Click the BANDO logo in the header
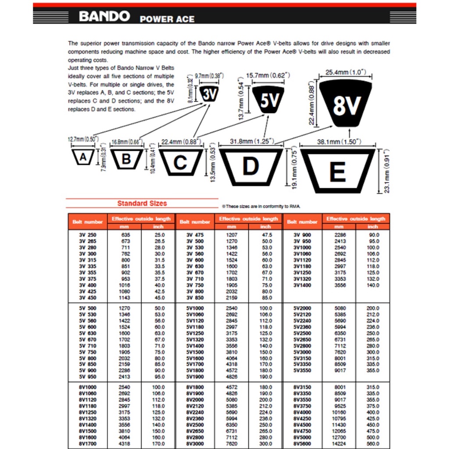point(104,17)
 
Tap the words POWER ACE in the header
point(167,19)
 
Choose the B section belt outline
point(126,159)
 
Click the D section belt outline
point(251,166)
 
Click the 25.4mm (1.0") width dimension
point(346,72)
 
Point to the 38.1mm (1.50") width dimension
point(338,142)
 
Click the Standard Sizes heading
point(142,203)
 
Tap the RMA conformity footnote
point(261,206)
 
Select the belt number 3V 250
point(87,235)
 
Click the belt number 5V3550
point(302,371)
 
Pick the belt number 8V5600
point(302,444)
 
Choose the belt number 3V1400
point(302,285)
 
